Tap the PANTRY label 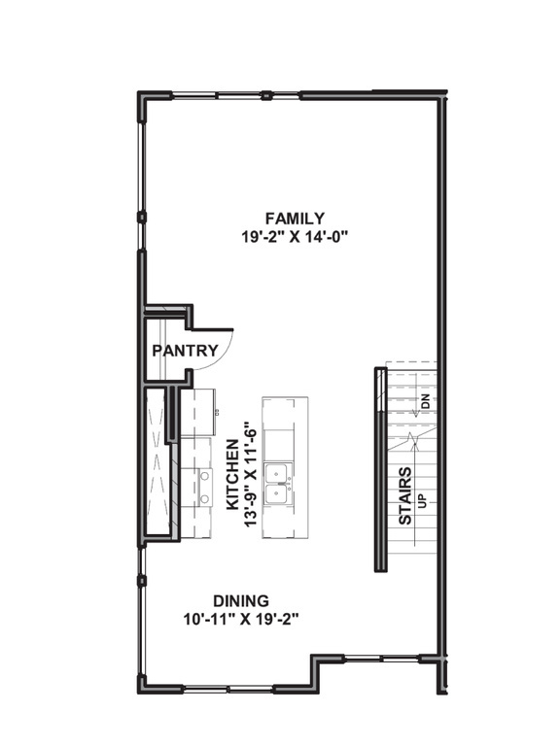(x=184, y=351)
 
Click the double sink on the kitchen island (x=282, y=483)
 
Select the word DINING (x=241, y=600)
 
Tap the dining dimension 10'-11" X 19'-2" (x=241, y=618)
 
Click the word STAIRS (x=405, y=495)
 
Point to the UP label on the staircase (x=422, y=501)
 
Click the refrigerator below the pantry (x=197, y=412)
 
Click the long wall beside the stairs (x=377, y=470)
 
